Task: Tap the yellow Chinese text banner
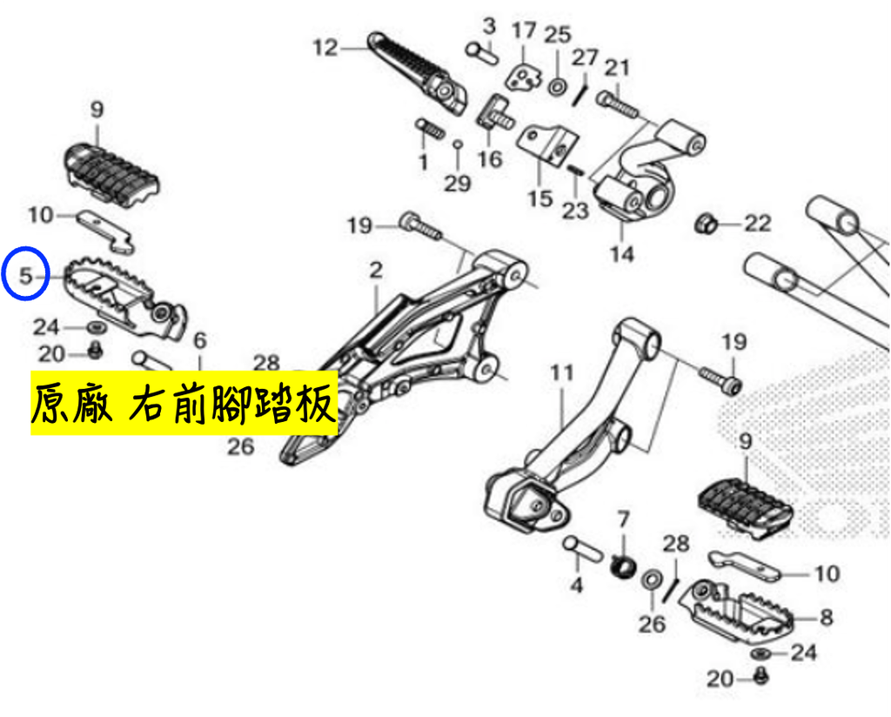(x=184, y=403)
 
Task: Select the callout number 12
(x=325, y=48)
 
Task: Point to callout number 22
(x=758, y=224)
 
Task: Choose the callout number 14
(x=621, y=253)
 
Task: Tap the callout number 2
(x=376, y=271)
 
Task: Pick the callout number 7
(x=623, y=519)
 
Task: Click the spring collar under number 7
(x=621, y=566)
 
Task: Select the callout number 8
(x=827, y=618)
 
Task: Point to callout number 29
(x=458, y=184)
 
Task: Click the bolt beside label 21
(x=618, y=104)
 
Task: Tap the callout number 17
(x=524, y=30)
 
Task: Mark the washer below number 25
(x=557, y=88)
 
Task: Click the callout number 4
(x=576, y=585)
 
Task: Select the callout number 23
(x=575, y=211)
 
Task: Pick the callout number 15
(x=539, y=199)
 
